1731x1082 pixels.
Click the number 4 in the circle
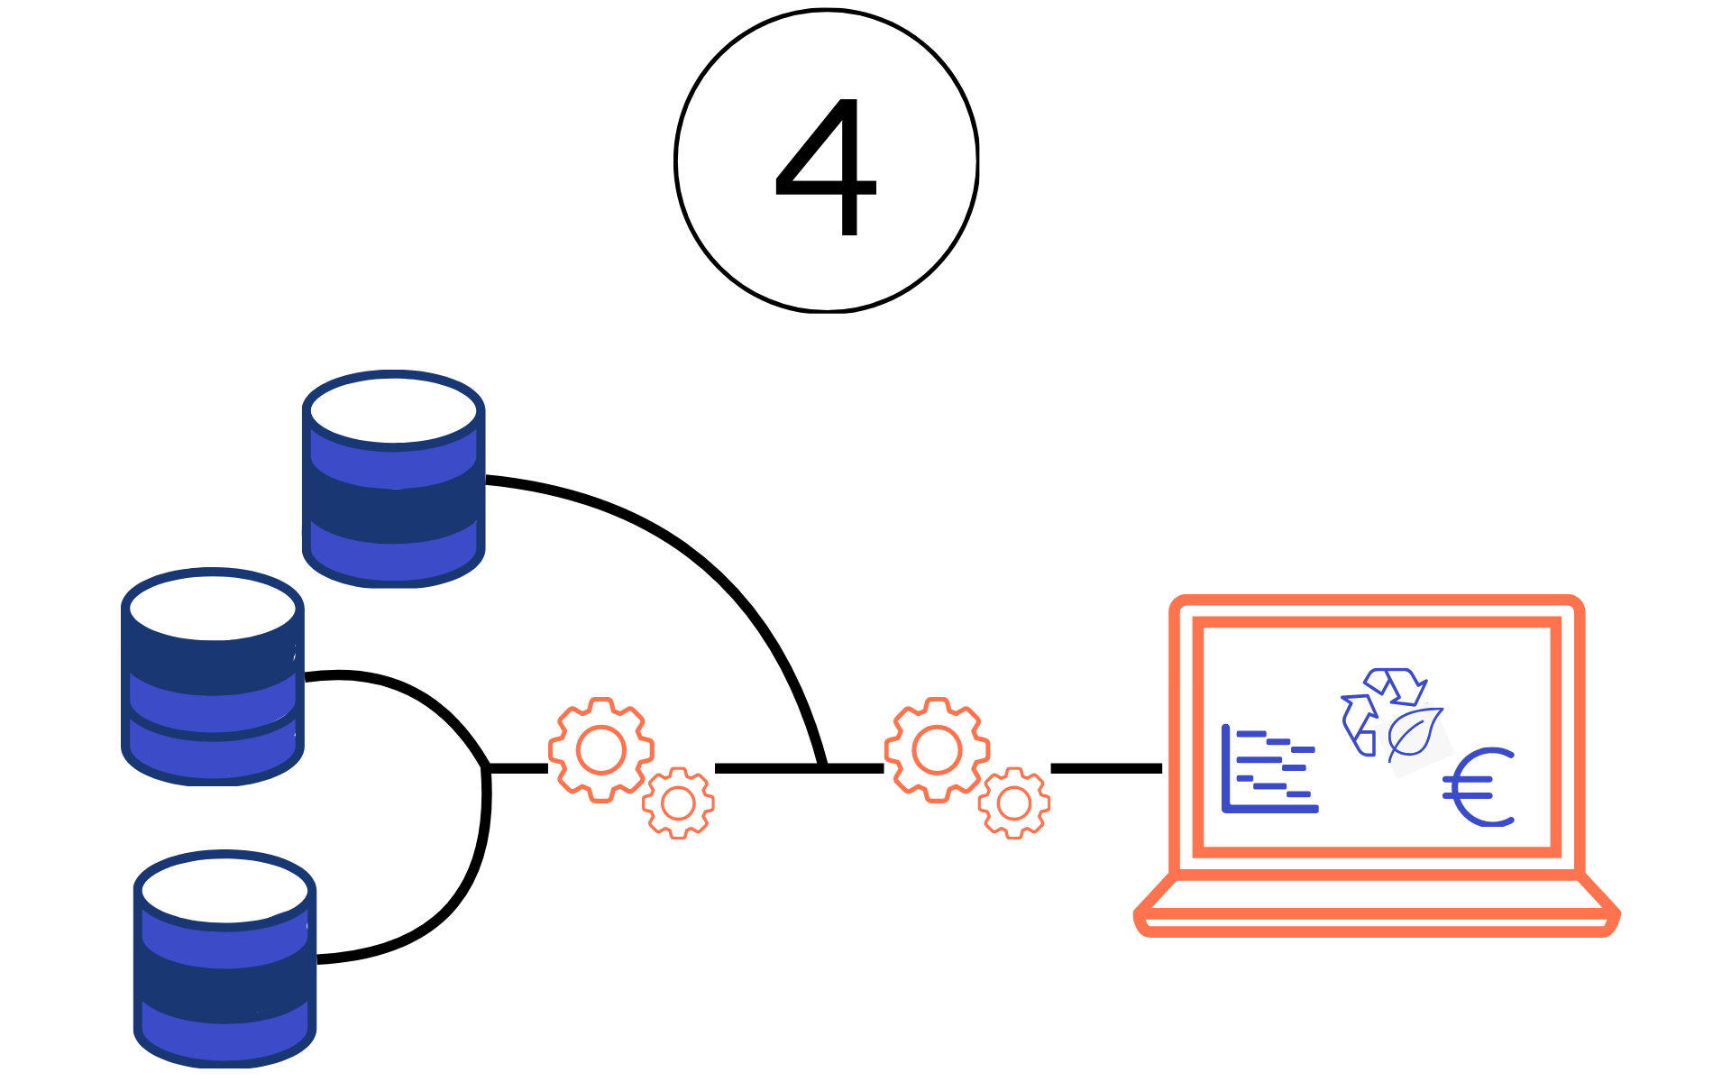click(826, 167)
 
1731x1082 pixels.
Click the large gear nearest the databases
click(601, 749)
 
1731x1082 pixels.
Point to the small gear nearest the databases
click(678, 802)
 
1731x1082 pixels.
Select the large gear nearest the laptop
click(937, 749)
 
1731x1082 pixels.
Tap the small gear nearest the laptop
click(1014, 802)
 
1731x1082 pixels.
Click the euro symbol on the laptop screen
click(1479, 787)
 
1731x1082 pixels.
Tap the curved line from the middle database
click(415, 694)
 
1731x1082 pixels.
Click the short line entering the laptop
click(1106, 768)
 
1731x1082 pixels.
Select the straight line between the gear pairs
click(766, 768)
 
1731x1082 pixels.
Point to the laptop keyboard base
click(1377, 905)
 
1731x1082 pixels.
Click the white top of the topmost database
click(393, 410)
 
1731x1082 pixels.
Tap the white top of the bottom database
click(225, 890)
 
